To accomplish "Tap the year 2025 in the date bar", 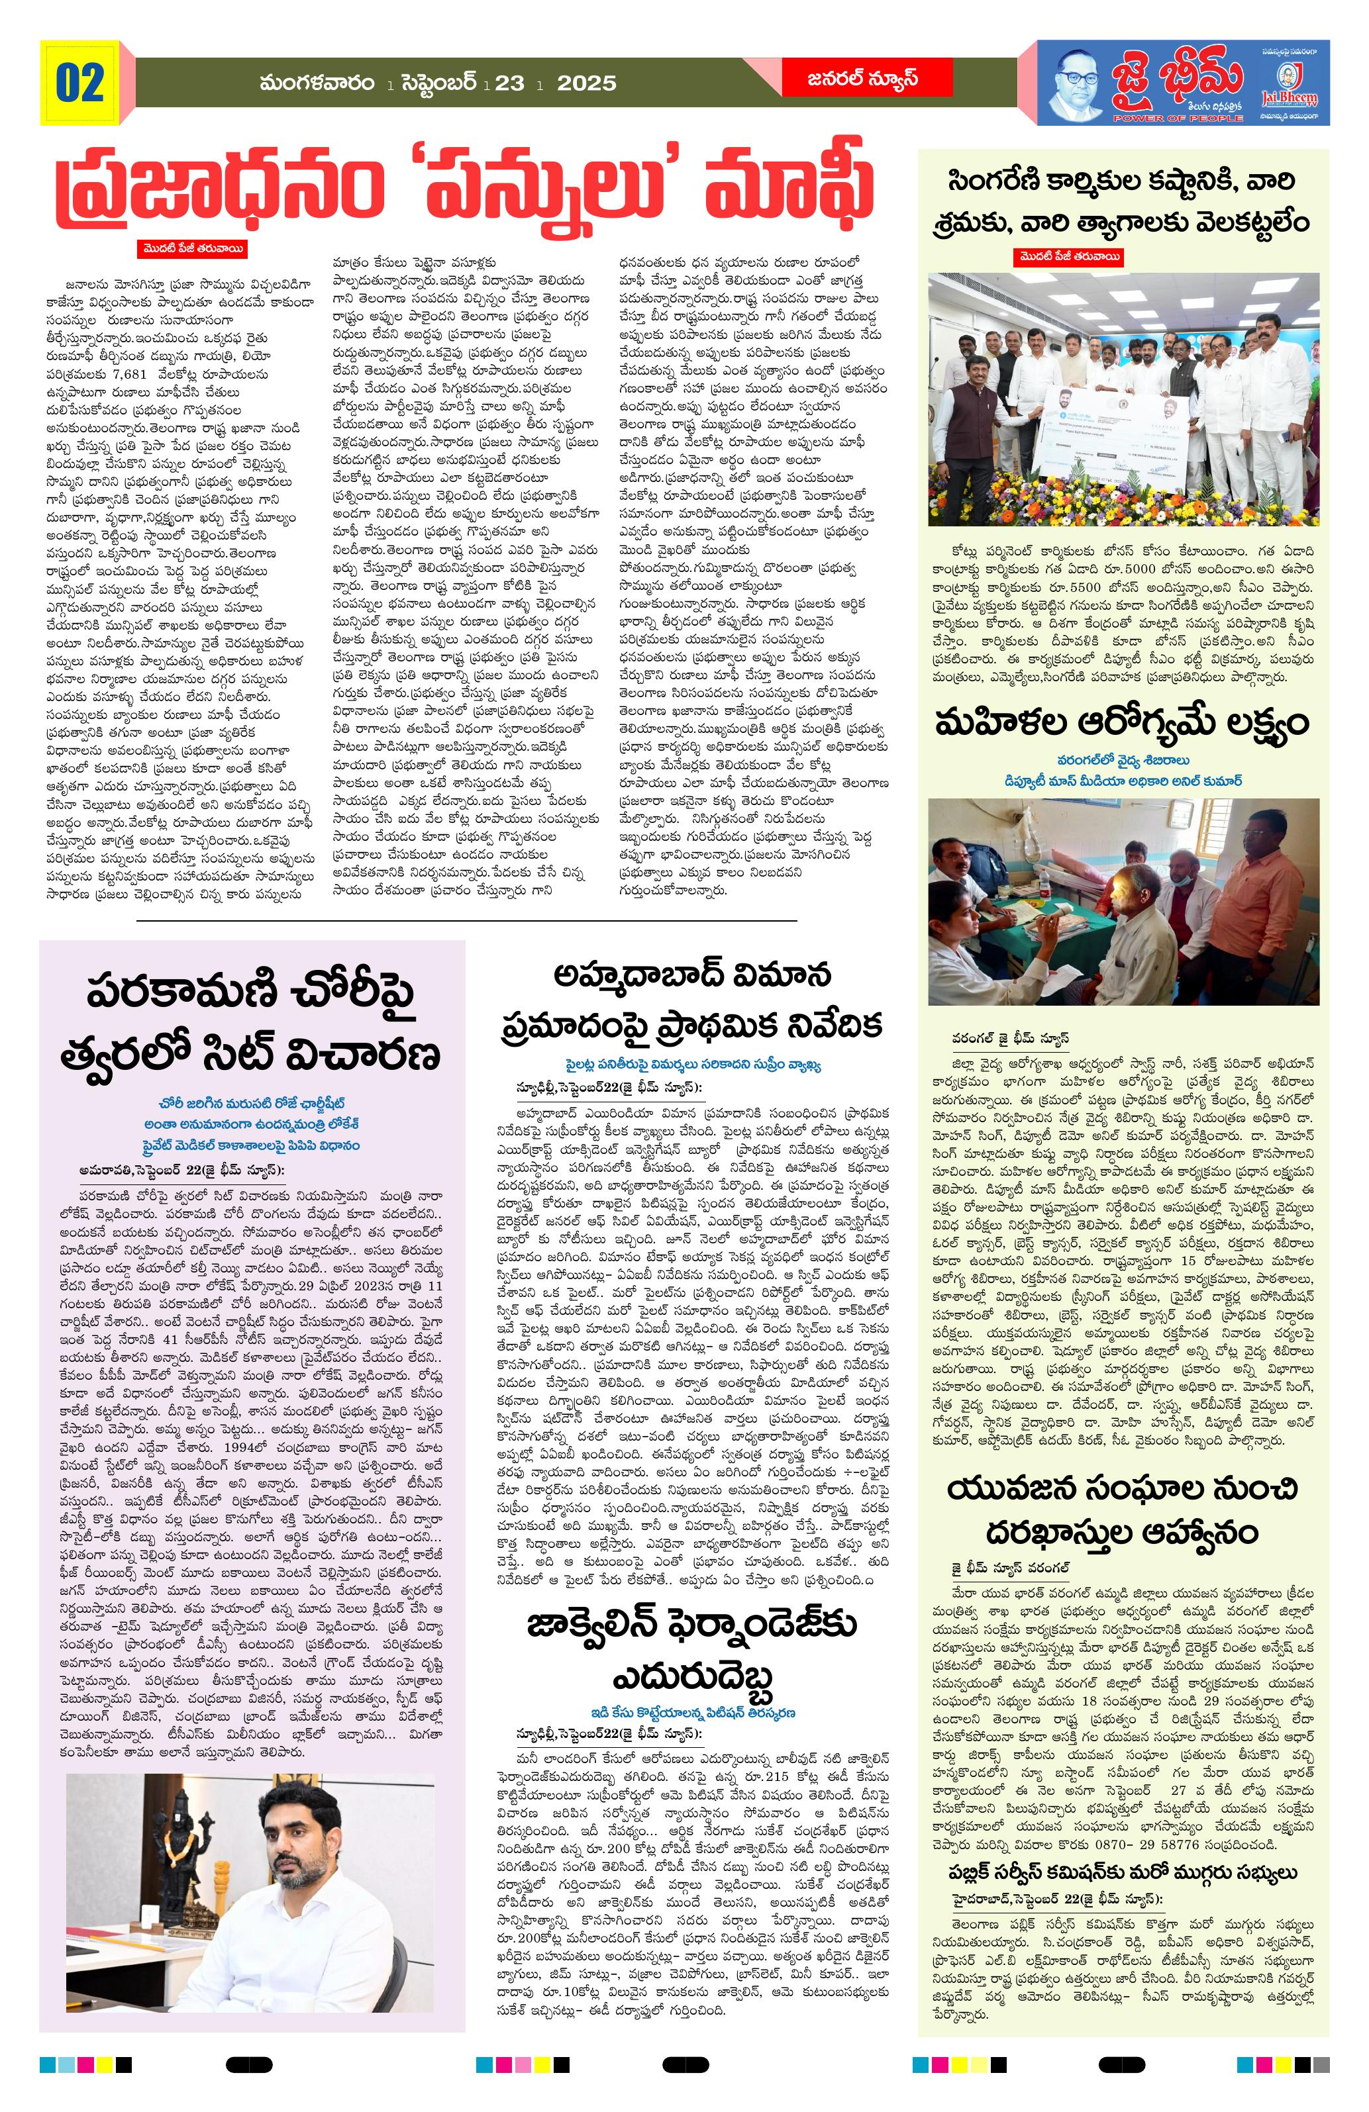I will (586, 83).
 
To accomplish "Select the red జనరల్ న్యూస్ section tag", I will (848, 79).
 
